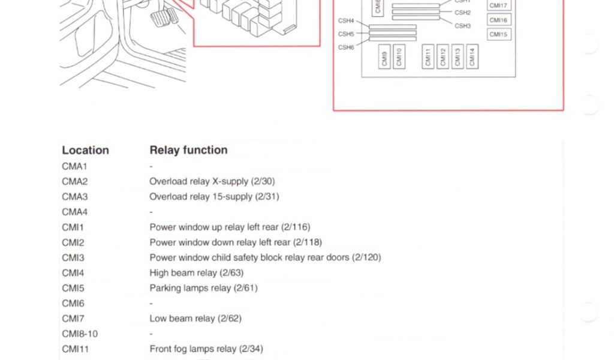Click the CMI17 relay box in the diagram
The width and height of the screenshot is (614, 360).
point(498,6)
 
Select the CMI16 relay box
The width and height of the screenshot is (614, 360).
point(498,20)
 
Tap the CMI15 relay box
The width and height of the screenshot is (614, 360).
point(498,35)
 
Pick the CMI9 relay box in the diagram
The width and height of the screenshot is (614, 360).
point(385,57)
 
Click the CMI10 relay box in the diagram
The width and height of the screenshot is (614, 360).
point(399,57)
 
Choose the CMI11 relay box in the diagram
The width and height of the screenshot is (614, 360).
point(428,57)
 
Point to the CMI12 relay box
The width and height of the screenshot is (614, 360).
point(443,57)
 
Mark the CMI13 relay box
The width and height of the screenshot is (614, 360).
point(458,57)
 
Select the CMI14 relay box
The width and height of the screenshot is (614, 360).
point(472,57)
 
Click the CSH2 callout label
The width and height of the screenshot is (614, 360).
point(462,13)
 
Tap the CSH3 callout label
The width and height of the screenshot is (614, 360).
point(462,26)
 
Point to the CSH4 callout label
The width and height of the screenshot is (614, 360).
point(346,21)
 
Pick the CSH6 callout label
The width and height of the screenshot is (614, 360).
point(346,47)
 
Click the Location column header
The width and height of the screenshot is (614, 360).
point(85,150)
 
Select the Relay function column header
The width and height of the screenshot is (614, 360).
point(188,150)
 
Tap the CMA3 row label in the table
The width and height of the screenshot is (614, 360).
point(74,196)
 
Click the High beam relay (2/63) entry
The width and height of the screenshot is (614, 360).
point(196,273)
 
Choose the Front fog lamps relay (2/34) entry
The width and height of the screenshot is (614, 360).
point(206,349)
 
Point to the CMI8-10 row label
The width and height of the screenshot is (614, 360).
point(80,334)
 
